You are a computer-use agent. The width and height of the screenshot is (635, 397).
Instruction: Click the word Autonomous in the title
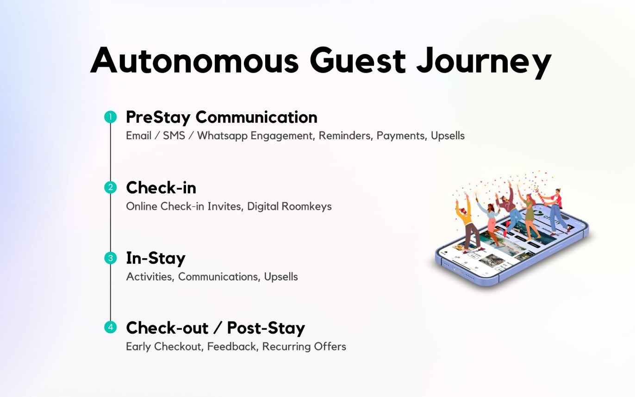[x=194, y=60]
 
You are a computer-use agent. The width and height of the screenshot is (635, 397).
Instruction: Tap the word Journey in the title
[x=484, y=63]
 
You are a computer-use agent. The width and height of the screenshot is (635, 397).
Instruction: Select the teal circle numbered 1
[x=110, y=117]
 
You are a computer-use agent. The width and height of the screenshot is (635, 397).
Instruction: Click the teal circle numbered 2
[x=110, y=187]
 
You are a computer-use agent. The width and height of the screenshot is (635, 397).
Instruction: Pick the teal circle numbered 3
[x=110, y=258]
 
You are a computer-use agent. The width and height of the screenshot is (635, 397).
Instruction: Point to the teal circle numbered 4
[x=110, y=327]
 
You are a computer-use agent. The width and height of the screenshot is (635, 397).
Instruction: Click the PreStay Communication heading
[x=221, y=118]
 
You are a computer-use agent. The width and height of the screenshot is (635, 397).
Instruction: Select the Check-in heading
[x=161, y=187]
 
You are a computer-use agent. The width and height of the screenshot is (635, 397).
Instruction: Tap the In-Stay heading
[x=156, y=259]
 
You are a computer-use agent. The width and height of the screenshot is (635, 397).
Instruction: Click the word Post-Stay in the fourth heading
[x=266, y=328]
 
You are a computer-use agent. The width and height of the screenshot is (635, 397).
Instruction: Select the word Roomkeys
[x=306, y=206]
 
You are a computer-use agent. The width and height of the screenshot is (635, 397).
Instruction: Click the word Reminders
[x=345, y=136]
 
